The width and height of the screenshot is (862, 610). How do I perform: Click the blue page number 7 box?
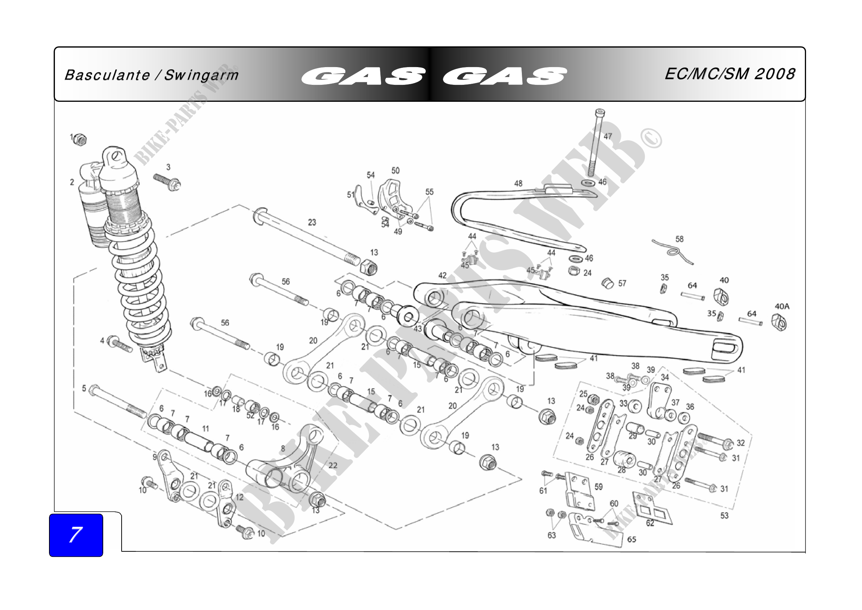coord(76,535)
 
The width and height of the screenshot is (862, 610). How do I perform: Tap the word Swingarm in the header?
coord(201,76)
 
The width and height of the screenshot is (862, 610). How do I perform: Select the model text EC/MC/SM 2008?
coord(729,74)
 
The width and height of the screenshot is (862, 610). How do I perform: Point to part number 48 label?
coord(518,184)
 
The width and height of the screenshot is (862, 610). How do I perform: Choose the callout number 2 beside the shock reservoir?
coord(72,183)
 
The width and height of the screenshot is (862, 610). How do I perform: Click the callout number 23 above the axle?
coord(312,222)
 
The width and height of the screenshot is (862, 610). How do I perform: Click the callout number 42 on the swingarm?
coord(443,276)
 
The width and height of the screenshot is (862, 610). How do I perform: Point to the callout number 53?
coord(724,516)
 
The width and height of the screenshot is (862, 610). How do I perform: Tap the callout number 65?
coord(632,540)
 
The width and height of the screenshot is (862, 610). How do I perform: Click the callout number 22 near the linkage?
coord(333,465)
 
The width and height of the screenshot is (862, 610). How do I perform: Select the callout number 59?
coord(598,487)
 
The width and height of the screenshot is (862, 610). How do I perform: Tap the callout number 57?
coord(622,284)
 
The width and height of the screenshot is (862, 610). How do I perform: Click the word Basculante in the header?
coord(107,76)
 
